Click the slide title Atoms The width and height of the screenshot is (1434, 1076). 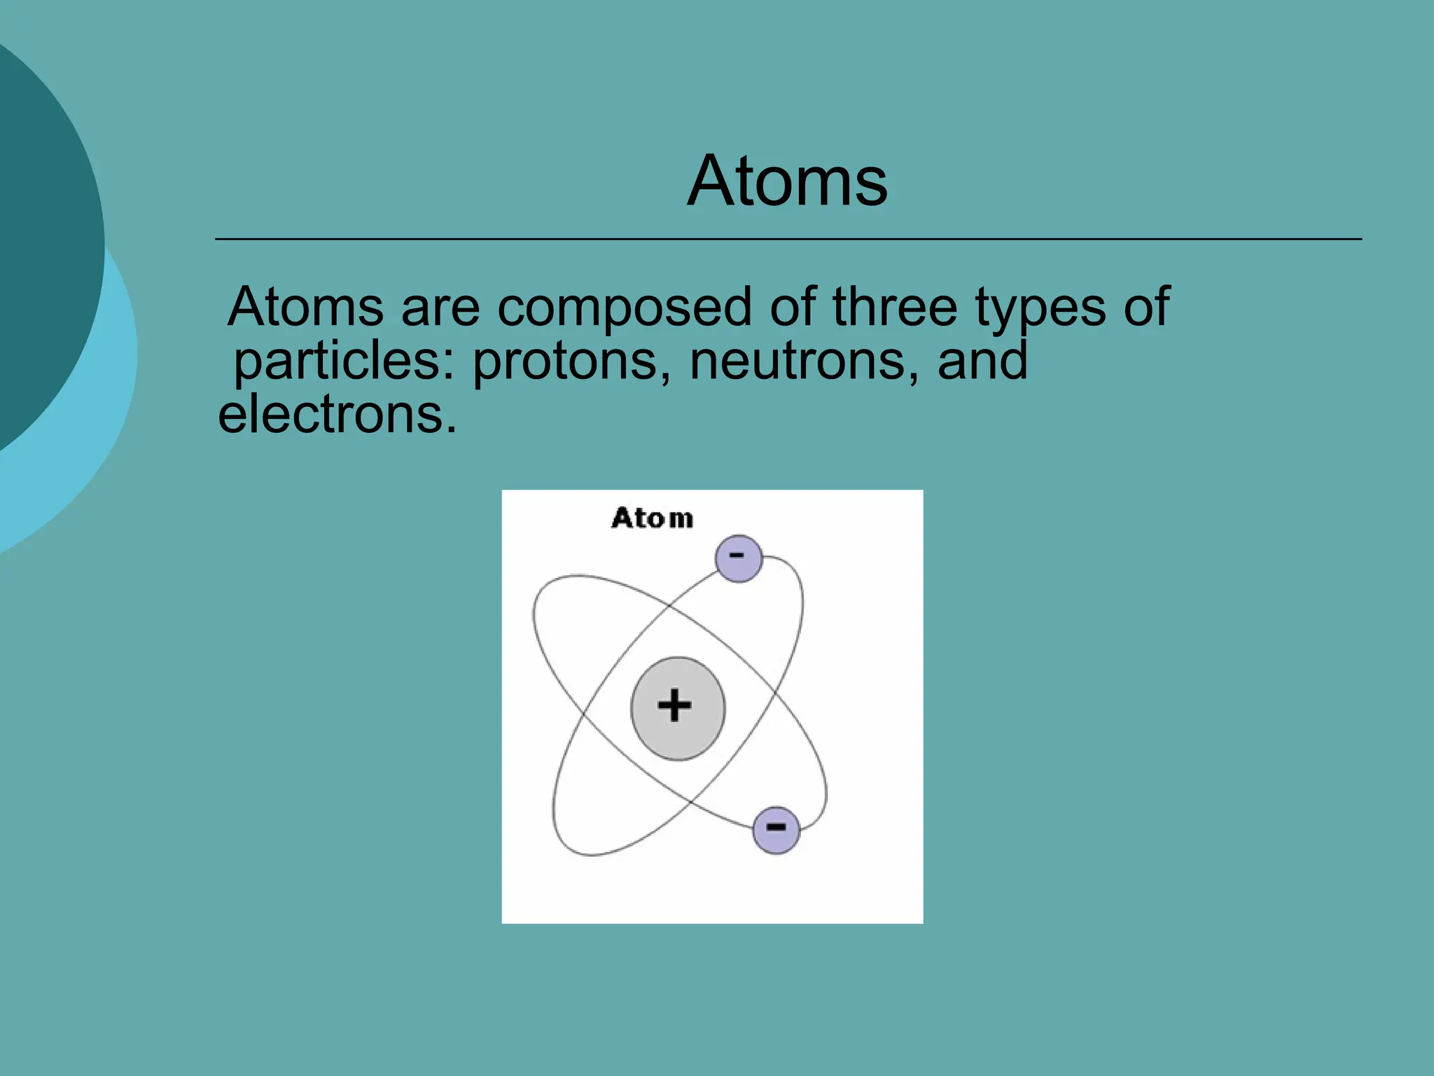[787, 181]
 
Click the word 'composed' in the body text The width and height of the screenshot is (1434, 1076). [624, 308]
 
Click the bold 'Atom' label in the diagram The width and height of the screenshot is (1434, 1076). [652, 518]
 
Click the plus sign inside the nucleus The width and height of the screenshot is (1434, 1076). [674, 705]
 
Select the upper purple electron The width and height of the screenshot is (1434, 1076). [738, 559]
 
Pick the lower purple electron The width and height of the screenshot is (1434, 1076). [776, 830]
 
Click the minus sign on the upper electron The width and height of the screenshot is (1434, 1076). [737, 556]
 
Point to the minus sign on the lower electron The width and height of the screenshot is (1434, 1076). [776, 827]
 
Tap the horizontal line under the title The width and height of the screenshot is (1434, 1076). [788, 240]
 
